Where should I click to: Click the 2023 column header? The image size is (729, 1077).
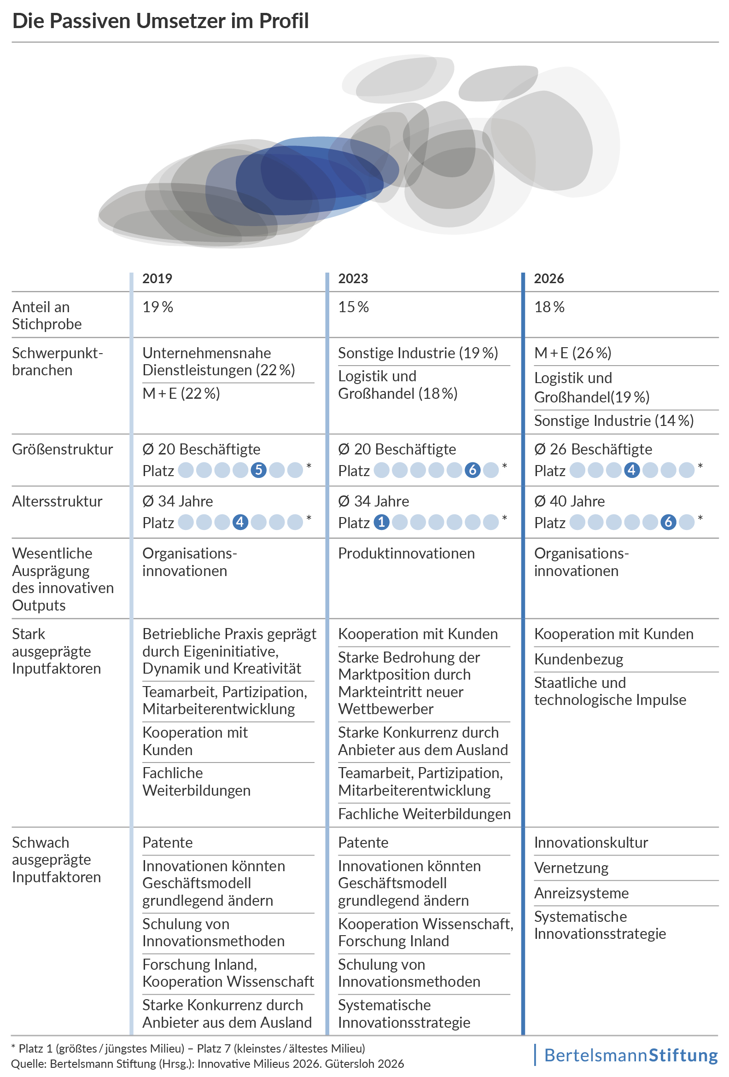[353, 279]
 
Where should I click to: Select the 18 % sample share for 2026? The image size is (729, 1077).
[549, 307]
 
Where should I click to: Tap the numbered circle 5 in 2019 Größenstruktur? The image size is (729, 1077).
[259, 471]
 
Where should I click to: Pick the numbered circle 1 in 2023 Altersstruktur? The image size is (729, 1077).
[381, 523]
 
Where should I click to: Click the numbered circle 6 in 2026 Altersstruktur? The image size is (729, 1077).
[668, 522]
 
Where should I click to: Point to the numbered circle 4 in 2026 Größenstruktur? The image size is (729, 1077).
[632, 471]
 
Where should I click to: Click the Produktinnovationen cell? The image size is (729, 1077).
[407, 553]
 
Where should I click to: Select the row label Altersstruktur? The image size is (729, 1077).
[57, 501]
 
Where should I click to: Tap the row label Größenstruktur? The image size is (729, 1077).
[63, 449]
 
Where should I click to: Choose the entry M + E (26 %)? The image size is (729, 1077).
[573, 353]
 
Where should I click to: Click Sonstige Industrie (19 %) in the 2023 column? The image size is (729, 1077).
[418, 353]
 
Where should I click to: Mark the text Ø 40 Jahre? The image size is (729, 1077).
[570, 501]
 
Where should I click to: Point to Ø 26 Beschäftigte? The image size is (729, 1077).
[593, 449]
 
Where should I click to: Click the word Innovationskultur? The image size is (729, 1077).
[591, 843]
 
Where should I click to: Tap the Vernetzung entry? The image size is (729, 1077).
[572, 867]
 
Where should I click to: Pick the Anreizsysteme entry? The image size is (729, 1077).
[582, 893]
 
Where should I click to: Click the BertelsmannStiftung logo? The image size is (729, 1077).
[630, 1055]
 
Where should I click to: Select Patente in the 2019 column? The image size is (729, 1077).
[167, 843]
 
